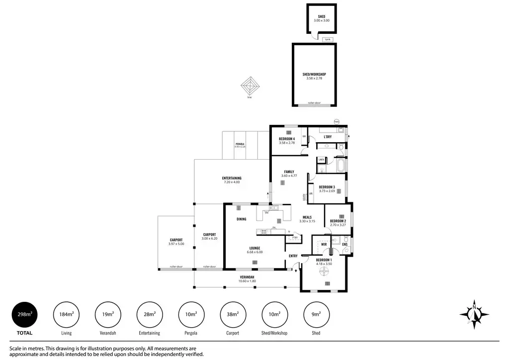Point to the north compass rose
coord(475,314)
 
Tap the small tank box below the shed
coord(327,39)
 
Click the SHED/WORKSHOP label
coord(314,74)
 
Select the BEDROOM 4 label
coord(287,139)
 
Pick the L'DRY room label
coord(328,137)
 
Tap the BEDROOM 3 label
coord(327,187)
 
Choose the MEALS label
coord(307,217)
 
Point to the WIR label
coord(324,245)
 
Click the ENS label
coord(344,245)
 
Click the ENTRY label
coord(293,256)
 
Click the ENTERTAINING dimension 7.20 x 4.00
coord(232,182)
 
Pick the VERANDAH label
coord(247,277)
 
